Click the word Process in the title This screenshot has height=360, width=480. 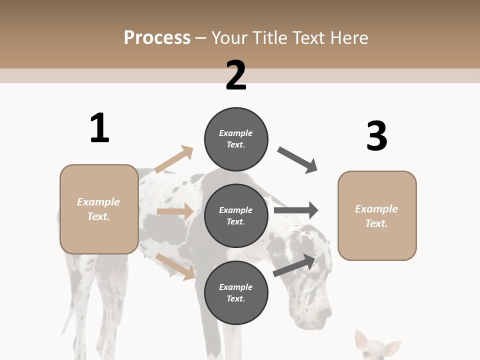point(157,37)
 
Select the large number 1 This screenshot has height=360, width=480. point(99,128)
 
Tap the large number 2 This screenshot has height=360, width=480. point(236,75)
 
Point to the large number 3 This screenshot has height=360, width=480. point(376,136)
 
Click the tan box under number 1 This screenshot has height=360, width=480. point(99,209)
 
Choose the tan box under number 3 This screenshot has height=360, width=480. point(377,216)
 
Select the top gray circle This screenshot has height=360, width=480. point(236,139)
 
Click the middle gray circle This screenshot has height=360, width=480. point(236,215)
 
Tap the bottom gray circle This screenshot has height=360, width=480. point(236,292)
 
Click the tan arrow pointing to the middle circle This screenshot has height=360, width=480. point(175,211)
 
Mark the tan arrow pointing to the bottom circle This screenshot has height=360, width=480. point(175,266)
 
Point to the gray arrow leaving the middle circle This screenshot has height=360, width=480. point(296,210)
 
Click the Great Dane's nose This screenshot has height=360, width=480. point(327,313)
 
